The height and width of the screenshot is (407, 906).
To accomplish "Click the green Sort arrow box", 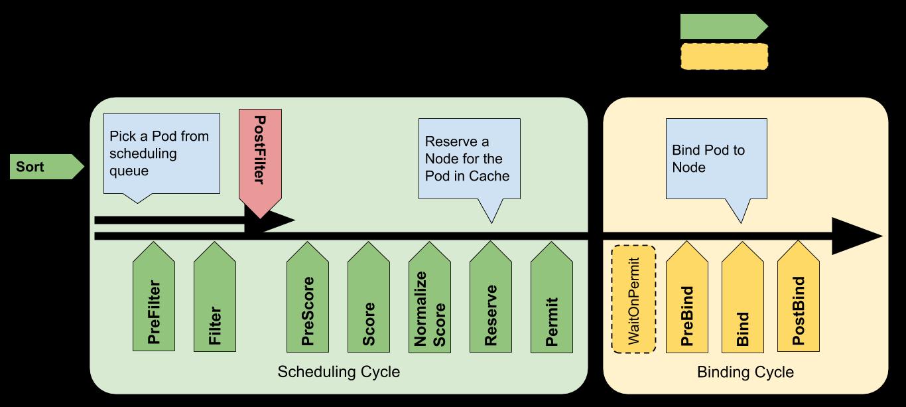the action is pos(46,167).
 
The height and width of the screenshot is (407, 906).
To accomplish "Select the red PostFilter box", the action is pos(260,162).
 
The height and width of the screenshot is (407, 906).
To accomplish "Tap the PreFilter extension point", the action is pos(154,296).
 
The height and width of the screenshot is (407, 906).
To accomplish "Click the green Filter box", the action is pos(215,296).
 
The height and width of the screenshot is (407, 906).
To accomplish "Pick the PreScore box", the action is pos(307,297).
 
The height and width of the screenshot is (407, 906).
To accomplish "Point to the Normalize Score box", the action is pos(430,297).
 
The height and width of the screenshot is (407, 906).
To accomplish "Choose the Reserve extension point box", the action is pos(491,297).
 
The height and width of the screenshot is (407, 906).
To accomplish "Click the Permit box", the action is pos(552,297).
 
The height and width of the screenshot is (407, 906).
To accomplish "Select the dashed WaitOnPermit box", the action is pos(633,299).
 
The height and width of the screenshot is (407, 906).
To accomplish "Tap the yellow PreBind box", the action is pos(686,297).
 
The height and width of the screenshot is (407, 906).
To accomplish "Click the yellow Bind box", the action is pos(743,297).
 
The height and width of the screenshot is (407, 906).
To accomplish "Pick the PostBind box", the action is pos(799,296).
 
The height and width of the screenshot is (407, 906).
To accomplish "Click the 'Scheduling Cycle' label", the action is pos(338,372).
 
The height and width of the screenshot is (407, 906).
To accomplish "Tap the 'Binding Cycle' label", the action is pos(745,372).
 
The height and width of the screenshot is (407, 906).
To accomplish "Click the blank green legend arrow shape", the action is pos(724,27).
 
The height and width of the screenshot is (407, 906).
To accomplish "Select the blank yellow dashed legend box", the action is pos(724,56).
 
